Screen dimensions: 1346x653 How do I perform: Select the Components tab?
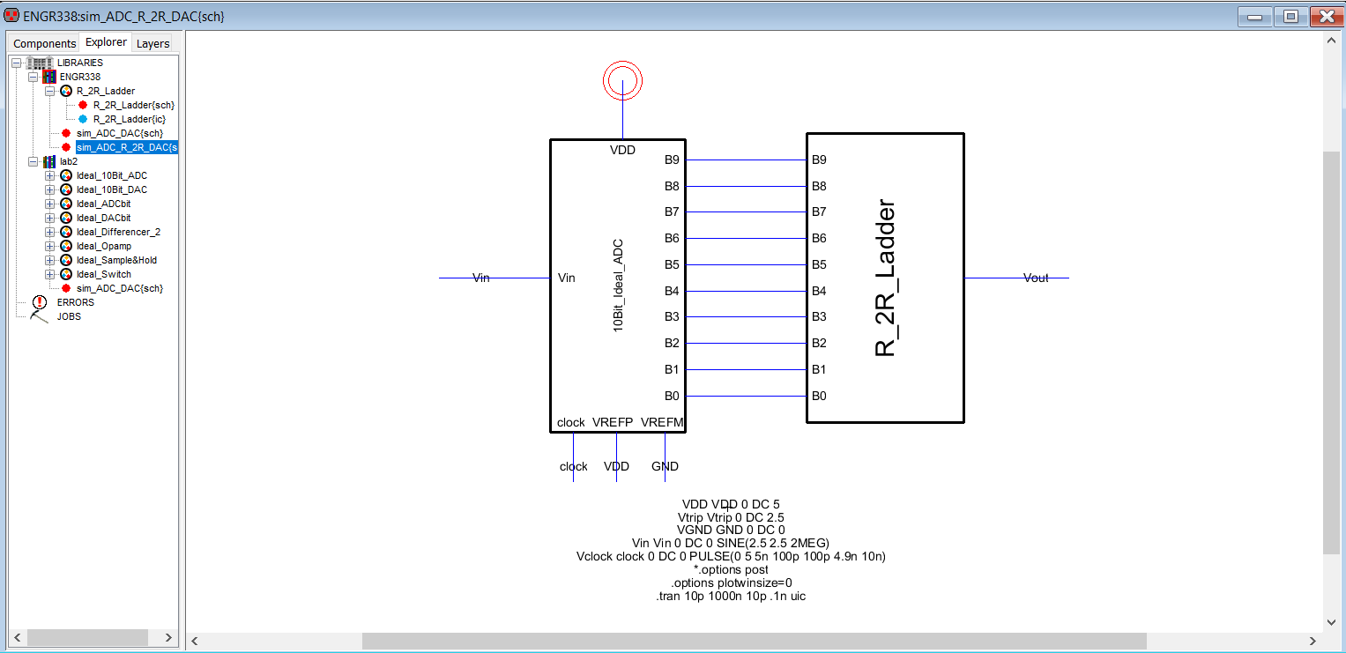click(x=44, y=43)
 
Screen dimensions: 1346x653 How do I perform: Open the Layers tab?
click(x=152, y=43)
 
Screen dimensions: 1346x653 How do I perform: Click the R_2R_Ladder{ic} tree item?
click(x=130, y=119)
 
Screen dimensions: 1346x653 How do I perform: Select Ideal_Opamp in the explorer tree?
click(x=103, y=246)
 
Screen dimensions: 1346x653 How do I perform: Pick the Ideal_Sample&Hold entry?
click(x=116, y=260)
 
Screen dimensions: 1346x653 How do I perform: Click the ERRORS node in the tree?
click(x=75, y=302)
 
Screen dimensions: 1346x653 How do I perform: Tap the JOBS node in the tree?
click(x=69, y=316)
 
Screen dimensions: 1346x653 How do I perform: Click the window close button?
click(x=1327, y=16)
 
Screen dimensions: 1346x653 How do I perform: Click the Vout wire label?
click(x=1036, y=278)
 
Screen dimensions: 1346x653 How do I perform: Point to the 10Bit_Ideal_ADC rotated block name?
click(x=618, y=286)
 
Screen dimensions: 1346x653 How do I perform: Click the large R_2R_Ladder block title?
click(x=884, y=278)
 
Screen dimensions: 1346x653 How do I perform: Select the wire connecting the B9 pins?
click(x=746, y=160)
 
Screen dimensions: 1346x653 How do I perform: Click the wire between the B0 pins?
click(x=746, y=396)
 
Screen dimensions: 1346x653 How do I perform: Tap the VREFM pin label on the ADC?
click(x=662, y=422)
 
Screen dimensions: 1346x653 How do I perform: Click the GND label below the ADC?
click(x=665, y=466)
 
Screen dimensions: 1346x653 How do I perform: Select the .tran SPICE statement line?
click(x=731, y=596)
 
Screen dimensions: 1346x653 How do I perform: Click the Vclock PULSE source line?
click(x=731, y=556)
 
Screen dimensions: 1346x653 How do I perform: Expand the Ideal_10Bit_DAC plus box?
click(x=50, y=189)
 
